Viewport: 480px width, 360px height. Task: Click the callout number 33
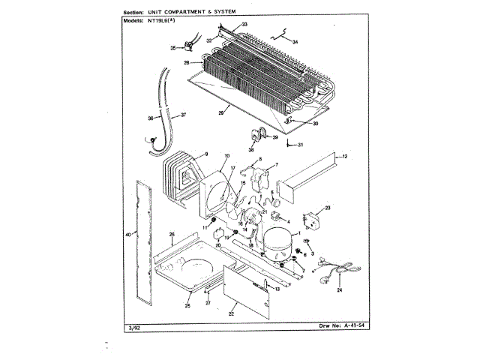[245, 25]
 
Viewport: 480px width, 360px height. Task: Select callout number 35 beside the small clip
[172, 48]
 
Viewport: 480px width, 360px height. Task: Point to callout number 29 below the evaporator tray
[221, 112]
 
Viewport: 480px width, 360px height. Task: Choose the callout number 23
[328, 206]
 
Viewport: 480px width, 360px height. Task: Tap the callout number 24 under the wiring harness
[339, 289]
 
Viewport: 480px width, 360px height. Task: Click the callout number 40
[128, 235]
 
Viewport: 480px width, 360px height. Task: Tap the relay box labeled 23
[310, 222]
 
